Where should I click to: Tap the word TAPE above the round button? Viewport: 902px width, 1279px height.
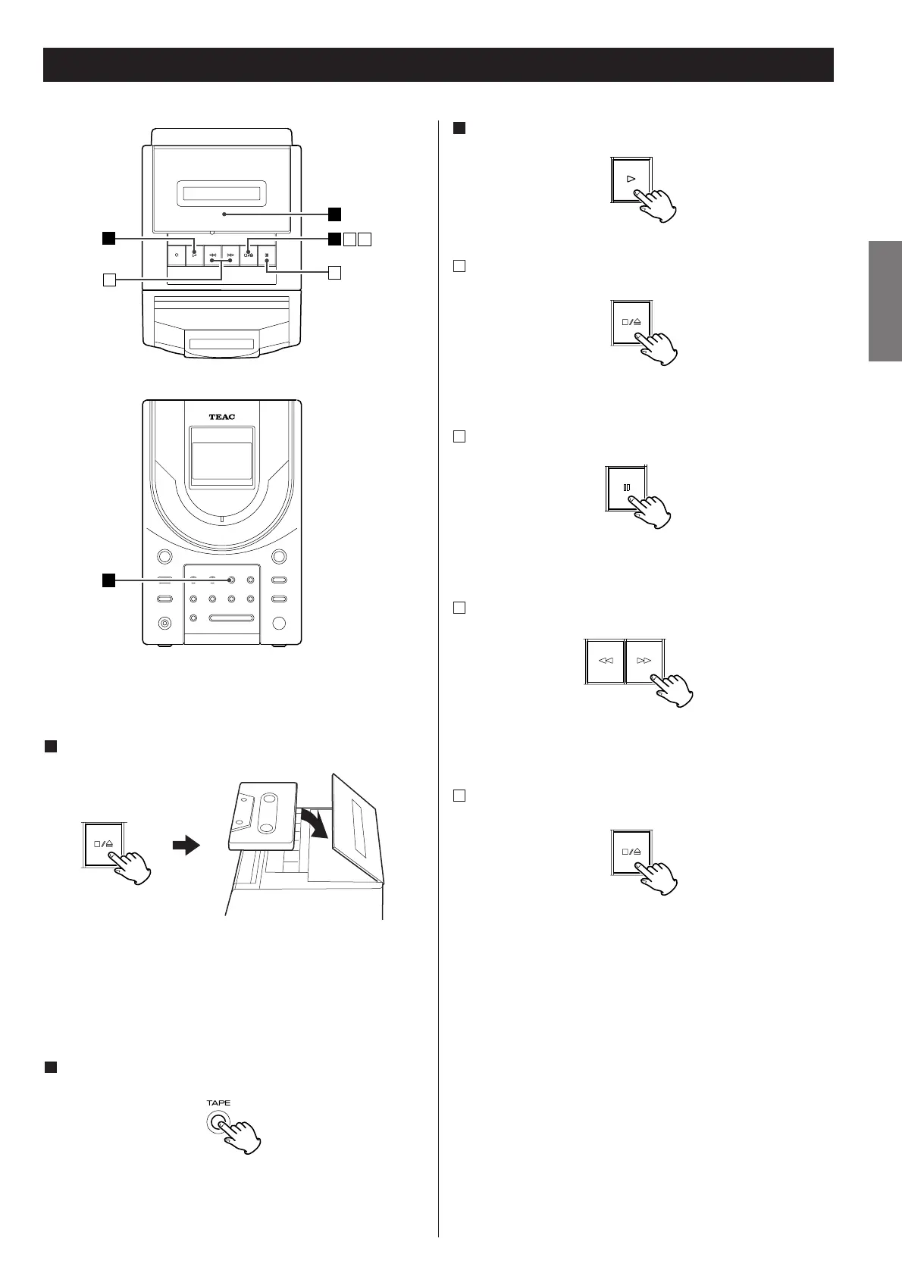218,1103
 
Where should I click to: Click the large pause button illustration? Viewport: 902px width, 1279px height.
626,487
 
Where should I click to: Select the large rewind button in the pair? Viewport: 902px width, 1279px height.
605,661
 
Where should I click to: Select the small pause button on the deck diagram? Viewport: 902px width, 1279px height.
267,255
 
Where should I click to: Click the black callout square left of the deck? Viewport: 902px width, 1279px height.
108,239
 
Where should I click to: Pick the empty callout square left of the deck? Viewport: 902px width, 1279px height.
109,280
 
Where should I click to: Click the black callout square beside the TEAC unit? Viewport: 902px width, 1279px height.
108,580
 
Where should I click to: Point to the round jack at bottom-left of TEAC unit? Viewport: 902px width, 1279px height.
164,624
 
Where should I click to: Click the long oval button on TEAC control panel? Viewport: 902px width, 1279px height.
232,618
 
